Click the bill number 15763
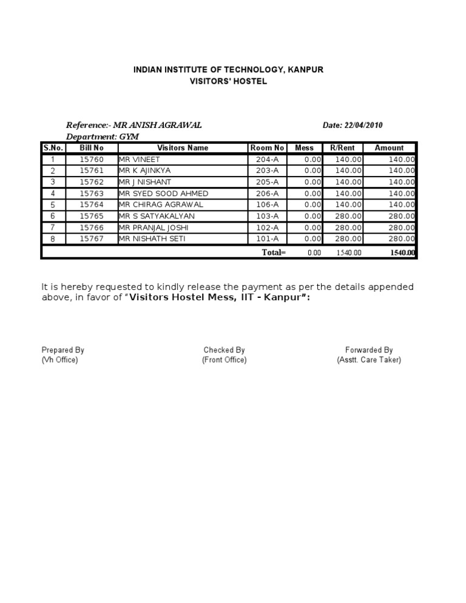tap(92, 194)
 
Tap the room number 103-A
tap(267, 217)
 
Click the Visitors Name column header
tap(182, 148)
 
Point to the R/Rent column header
tap(343, 148)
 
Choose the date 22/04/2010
tap(362, 126)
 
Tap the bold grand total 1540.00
tap(403, 253)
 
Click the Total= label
tap(274, 252)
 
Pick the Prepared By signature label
tap(62, 350)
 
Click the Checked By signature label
tap(224, 350)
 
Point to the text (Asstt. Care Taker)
tap(369, 360)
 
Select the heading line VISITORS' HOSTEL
tap(228, 81)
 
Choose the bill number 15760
tap(92, 160)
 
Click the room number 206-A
tap(267, 194)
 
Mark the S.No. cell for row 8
tap(53, 240)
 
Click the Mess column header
tap(304, 148)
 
